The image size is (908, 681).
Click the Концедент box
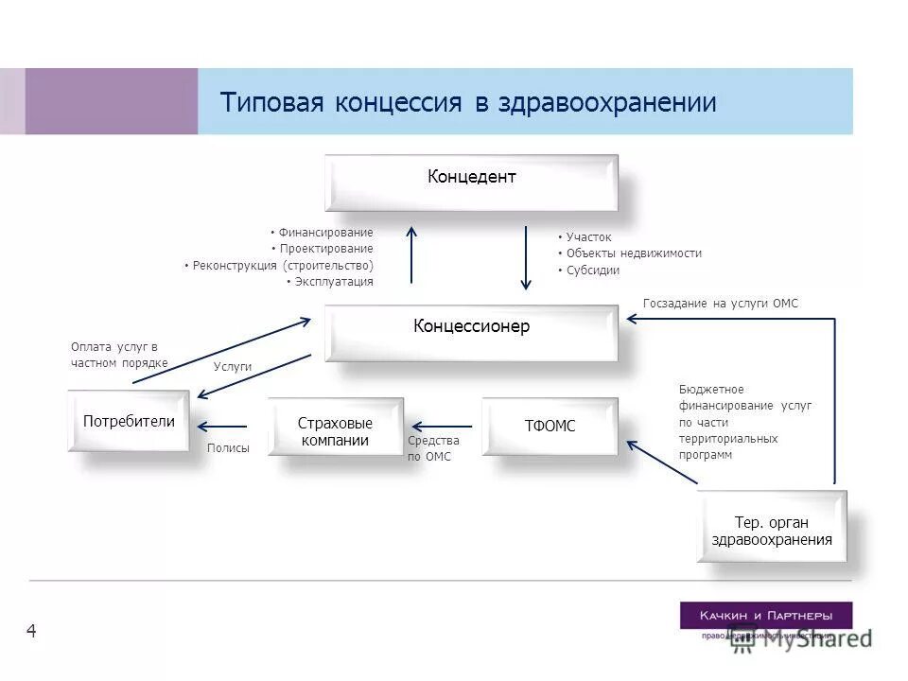point(471,182)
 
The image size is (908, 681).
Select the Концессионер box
point(471,332)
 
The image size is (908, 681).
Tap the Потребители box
point(129,421)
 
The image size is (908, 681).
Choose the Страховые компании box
point(335,427)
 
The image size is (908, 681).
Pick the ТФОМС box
point(550,427)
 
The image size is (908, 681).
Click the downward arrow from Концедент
point(527,255)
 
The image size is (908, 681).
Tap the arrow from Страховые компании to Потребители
point(228,427)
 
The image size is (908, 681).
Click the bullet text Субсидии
point(592,271)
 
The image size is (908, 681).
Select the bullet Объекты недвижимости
point(633,253)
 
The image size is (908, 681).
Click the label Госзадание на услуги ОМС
point(721,304)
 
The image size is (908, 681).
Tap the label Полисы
point(228,448)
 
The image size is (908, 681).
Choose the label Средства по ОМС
point(433,449)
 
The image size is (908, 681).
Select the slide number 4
point(31,631)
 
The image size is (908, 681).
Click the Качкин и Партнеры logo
point(765,616)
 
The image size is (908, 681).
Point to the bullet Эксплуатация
point(333,282)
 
